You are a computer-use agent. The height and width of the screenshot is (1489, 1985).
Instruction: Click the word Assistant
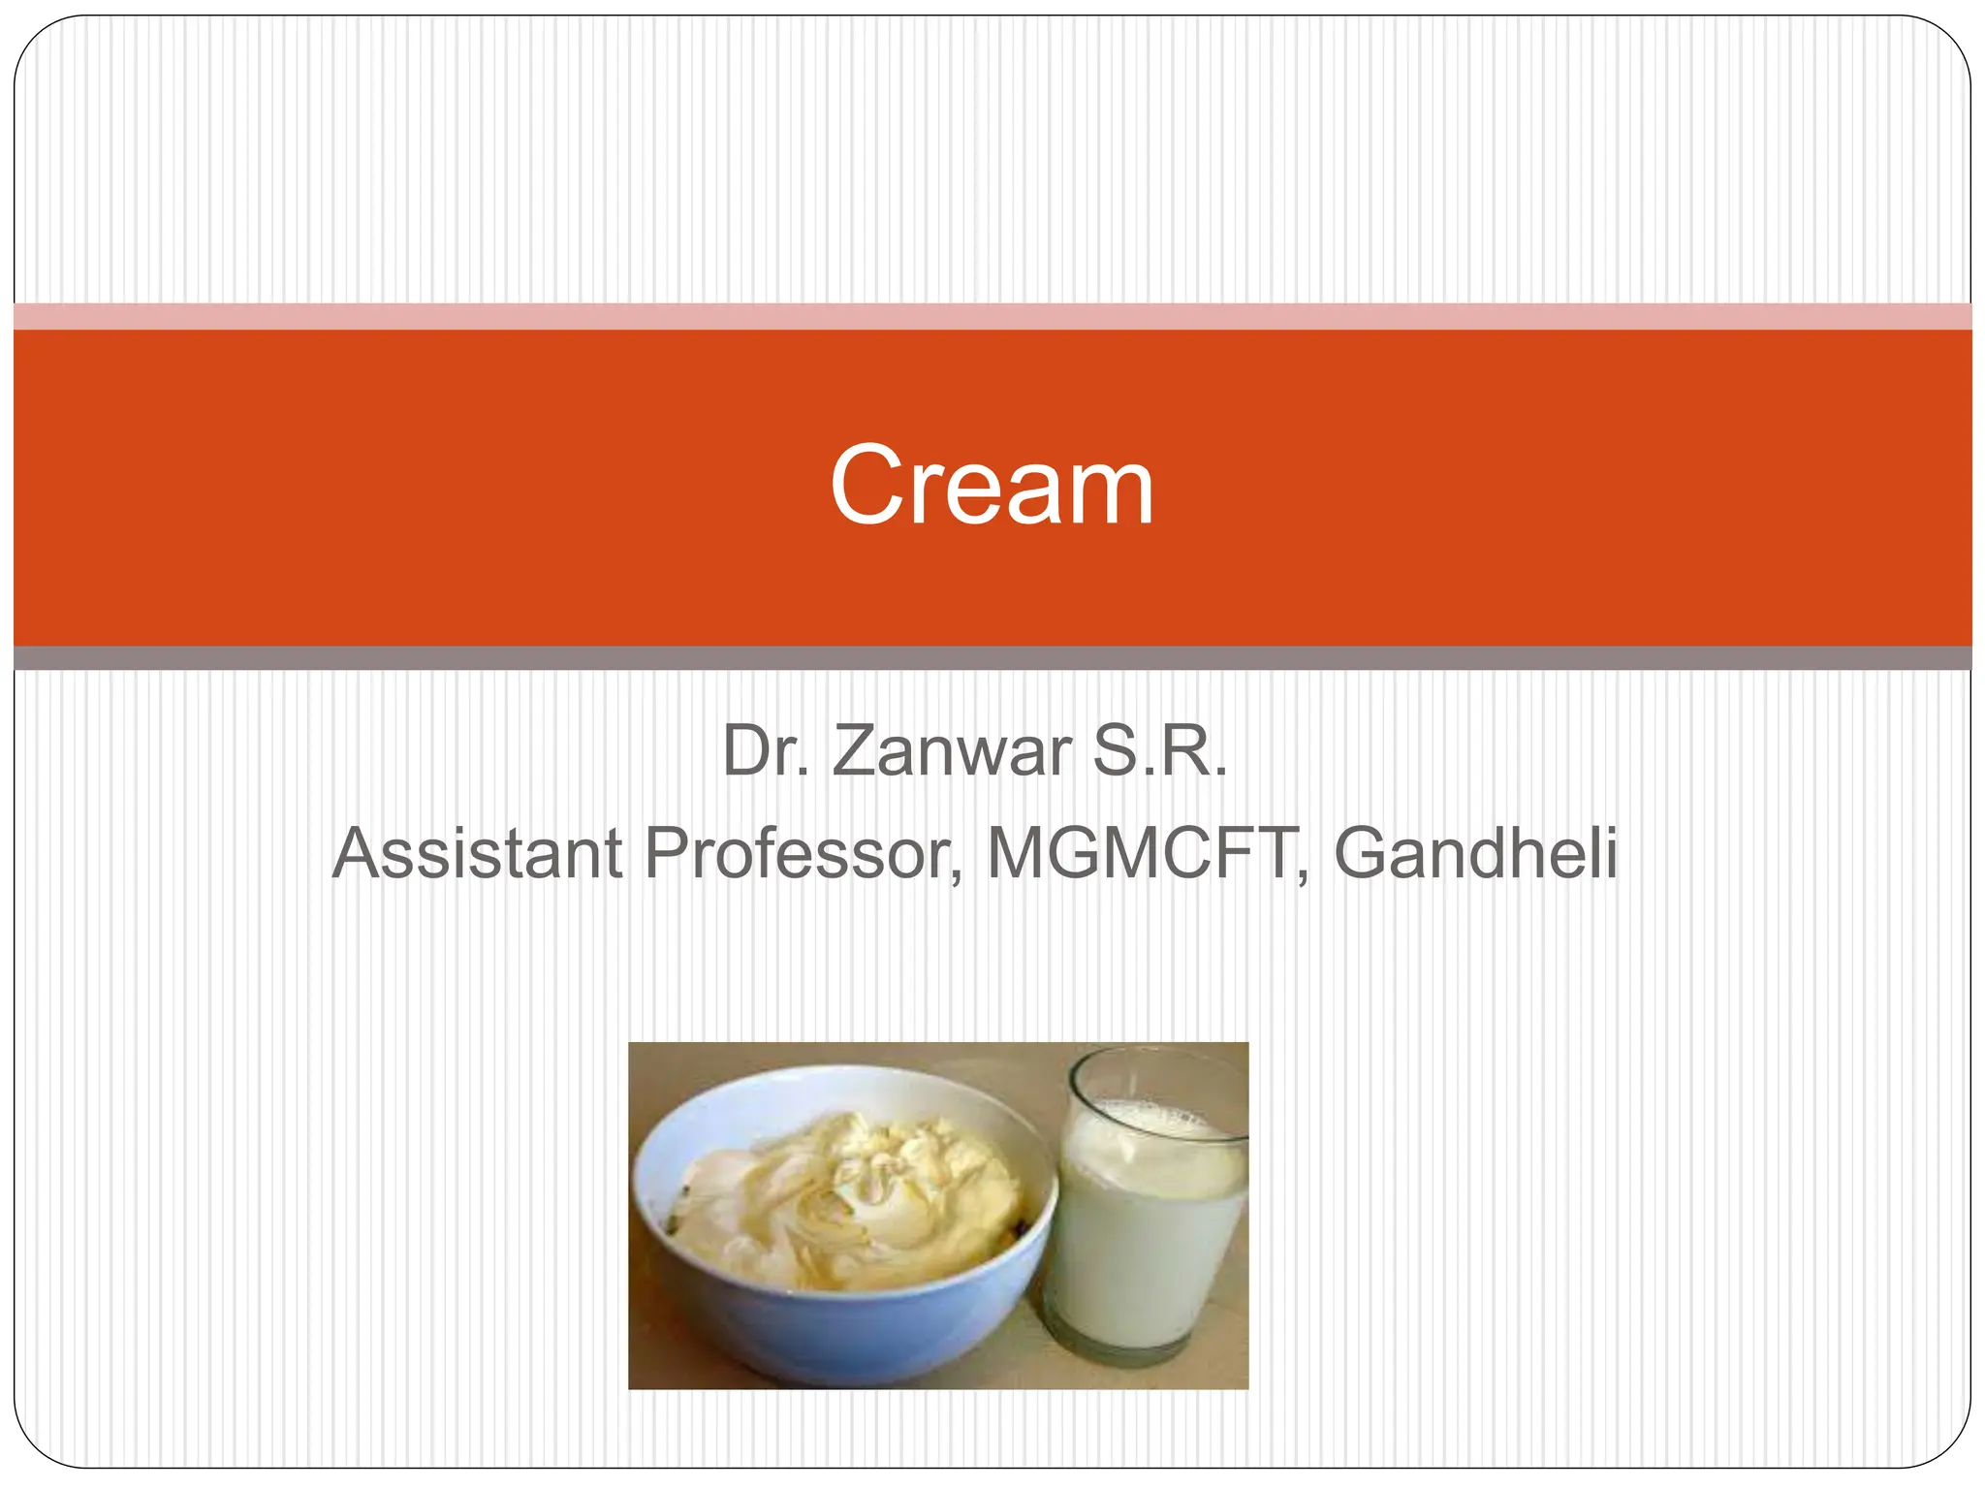click(x=477, y=853)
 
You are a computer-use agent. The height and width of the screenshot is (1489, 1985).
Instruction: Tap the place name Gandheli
click(x=1475, y=853)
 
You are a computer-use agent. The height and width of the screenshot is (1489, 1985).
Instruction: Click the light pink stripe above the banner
click(x=992, y=316)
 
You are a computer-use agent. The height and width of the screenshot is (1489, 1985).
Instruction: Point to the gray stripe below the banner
click(x=992, y=658)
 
